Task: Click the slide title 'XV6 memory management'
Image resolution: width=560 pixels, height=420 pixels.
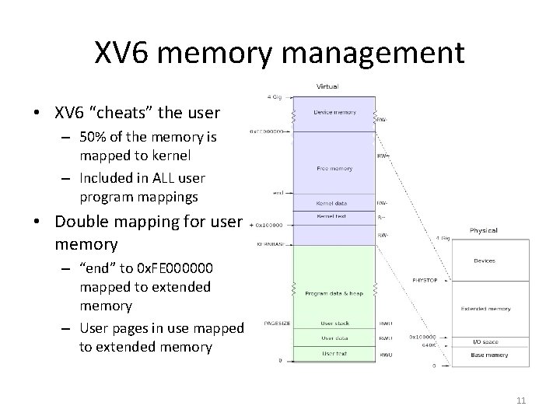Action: tap(279, 53)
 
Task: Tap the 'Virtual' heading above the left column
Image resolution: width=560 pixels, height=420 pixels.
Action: tap(327, 86)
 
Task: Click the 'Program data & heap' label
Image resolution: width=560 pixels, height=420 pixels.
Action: tap(335, 293)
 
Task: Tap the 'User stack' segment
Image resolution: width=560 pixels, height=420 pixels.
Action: tap(335, 323)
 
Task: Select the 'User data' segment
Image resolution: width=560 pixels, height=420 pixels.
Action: tap(335, 338)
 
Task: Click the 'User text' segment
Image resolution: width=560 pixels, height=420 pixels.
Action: tap(335, 355)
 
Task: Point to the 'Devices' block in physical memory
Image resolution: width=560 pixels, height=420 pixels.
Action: tap(483, 261)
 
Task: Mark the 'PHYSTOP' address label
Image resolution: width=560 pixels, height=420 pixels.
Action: tap(425, 279)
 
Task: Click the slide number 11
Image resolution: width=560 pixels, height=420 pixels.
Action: tap(521, 401)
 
